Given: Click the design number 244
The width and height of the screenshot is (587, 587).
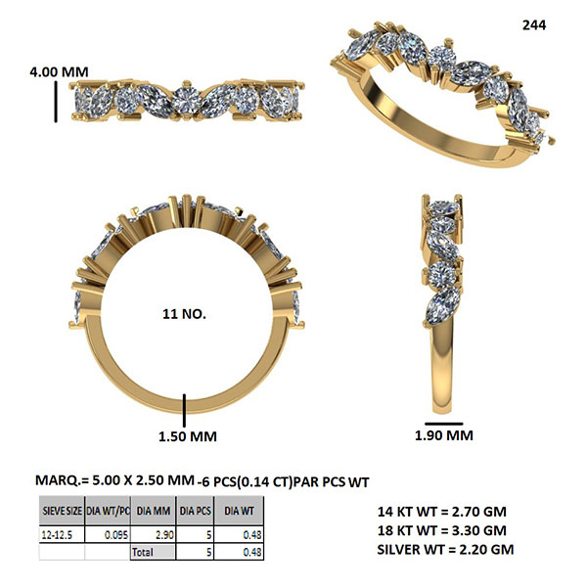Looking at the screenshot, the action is pos(534,25).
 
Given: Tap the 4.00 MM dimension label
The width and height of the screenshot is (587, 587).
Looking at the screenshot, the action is pos(59,71).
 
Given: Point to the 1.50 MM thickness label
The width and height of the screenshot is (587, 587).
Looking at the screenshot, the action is pos(188,436).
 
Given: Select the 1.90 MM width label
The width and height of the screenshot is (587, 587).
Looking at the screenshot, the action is pos(444,435).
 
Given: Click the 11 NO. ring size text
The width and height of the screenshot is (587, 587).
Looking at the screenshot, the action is pos(184,314).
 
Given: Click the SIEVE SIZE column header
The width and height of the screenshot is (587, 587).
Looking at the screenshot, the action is pos(63,511).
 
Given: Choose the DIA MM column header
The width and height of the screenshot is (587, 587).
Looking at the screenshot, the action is pos(154,511).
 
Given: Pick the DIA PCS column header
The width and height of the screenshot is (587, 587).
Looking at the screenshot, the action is pos(195,511).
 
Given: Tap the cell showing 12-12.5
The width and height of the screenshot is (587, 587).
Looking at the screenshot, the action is pos(57,535).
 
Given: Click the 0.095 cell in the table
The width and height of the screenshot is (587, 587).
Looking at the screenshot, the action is pos(116,535).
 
